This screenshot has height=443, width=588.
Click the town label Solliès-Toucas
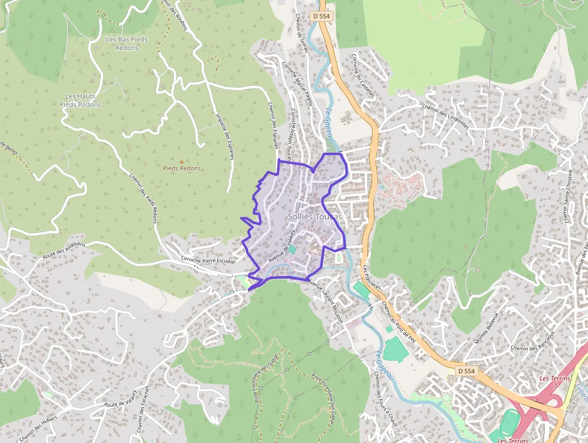point(314,216)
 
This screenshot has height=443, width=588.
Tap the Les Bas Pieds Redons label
point(127,43)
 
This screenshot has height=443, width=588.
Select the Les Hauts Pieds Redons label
point(80,100)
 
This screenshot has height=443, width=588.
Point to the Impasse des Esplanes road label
point(224,137)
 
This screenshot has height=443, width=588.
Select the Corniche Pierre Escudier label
point(208,260)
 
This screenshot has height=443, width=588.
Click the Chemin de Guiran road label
point(302,33)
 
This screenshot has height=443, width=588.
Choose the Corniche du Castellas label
point(363,75)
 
